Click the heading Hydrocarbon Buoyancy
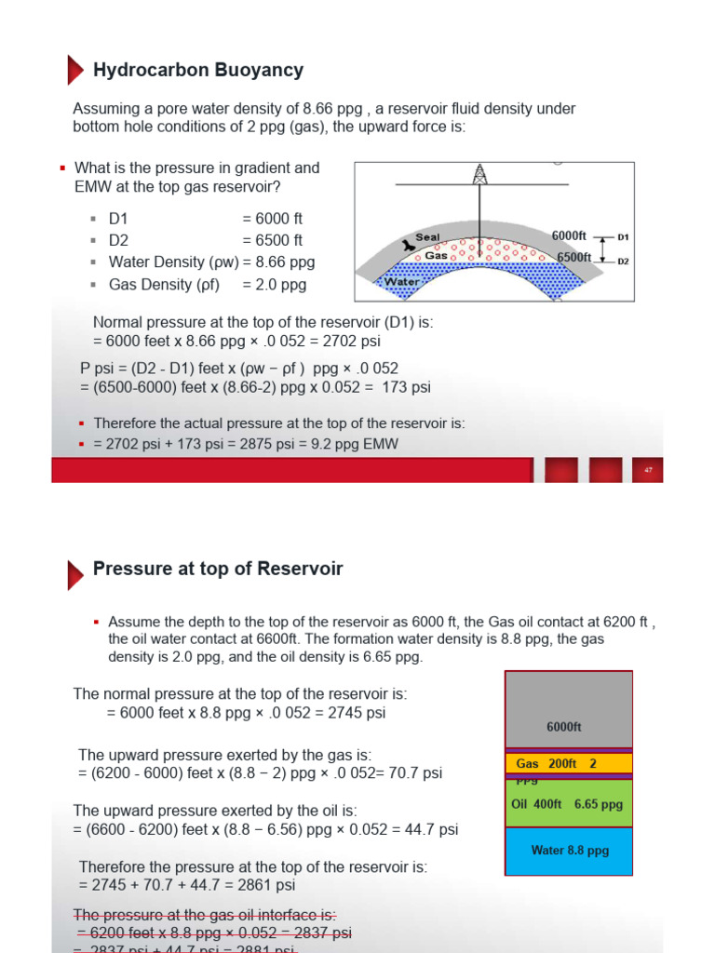click(198, 71)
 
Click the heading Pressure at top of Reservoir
click(218, 569)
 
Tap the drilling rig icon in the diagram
click(480, 175)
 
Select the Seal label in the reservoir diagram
click(427, 237)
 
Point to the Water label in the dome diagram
click(402, 281)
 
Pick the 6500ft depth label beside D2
click(573, 258)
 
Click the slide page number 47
click(648, 470)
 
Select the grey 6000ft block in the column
click(568, 709)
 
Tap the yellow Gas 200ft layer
click(568, 764)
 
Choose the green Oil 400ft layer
click(568, 804)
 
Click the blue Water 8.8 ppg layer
click(568, 851)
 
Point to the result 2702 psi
click(353, 341)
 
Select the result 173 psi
click(406, 387)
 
